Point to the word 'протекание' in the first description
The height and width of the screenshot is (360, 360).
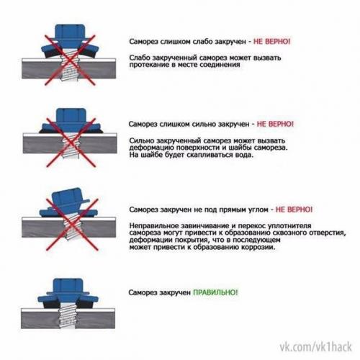point(152,65)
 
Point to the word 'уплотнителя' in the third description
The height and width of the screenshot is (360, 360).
point(305,225)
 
